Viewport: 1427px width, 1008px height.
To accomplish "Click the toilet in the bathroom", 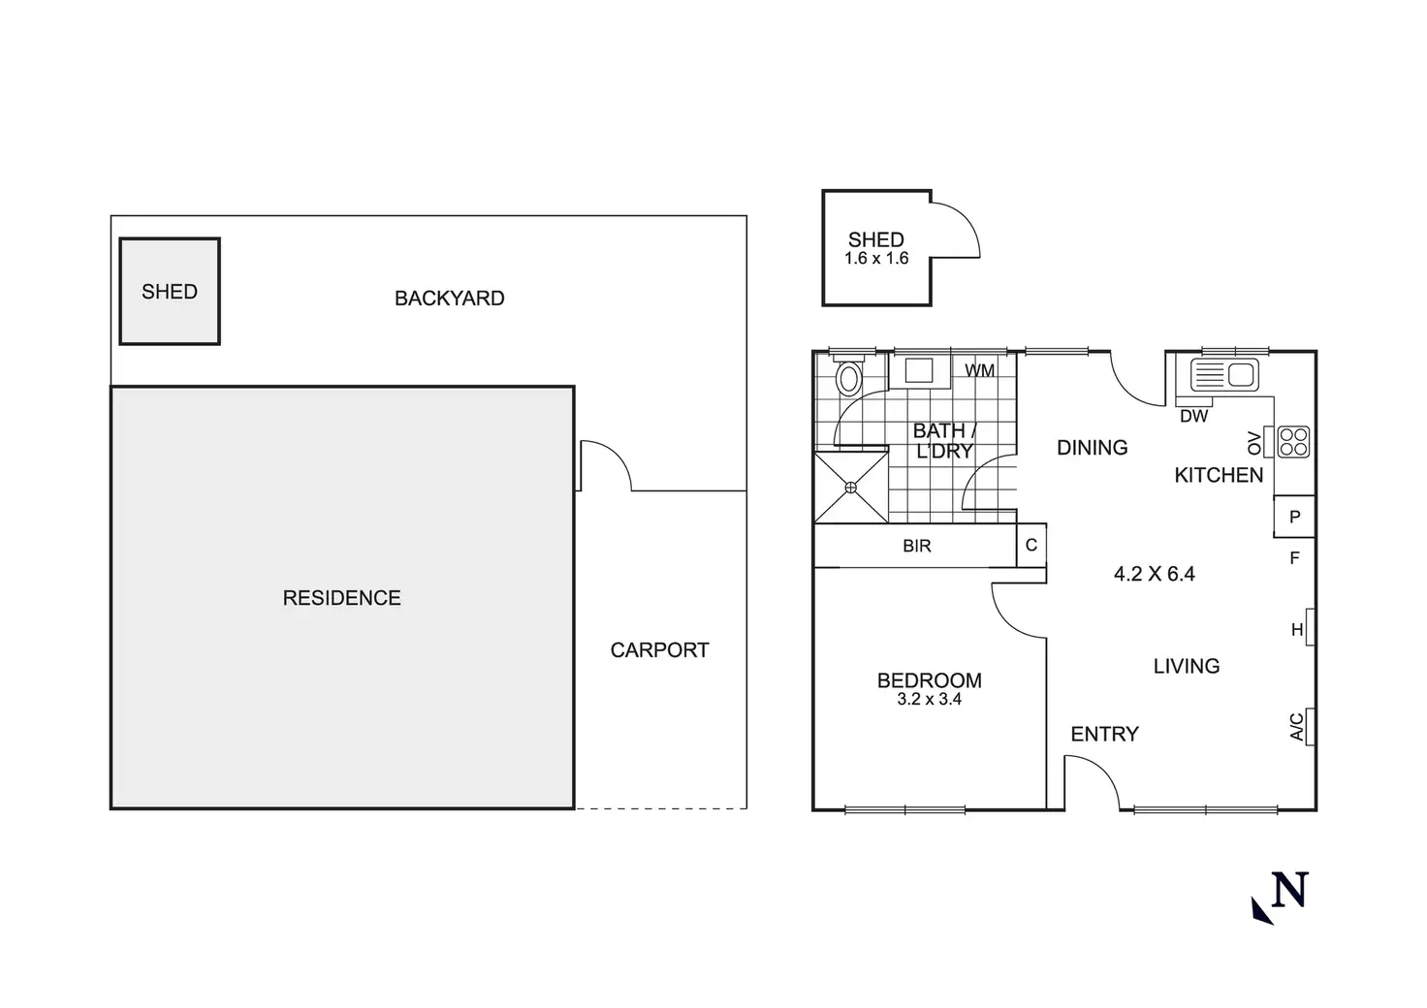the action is [849, 377].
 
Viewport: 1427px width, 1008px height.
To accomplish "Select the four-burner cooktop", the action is [1293, 442].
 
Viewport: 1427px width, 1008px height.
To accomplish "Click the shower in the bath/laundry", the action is [851, 487].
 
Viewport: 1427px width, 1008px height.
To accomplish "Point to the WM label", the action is [979, 370].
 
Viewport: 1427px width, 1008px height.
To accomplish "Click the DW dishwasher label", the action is [1194, 416].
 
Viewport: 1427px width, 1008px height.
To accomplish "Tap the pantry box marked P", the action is [1294, 517].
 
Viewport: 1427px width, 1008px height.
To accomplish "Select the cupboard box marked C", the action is [1031, 546].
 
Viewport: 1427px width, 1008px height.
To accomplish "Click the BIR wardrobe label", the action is [916, 547].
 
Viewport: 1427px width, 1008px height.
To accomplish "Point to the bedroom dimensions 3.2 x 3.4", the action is [929, 699].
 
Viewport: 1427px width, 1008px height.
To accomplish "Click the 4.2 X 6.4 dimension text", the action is [1154, 574].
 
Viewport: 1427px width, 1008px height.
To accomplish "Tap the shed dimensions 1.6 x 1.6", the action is [876, 259].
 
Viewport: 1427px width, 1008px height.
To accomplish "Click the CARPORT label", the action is [659, 650].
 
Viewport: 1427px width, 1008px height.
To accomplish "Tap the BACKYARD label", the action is [449, 299].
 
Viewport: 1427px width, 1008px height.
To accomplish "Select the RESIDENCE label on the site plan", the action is [341, 598].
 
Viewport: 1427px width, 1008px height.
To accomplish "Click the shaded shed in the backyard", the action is [170, 291].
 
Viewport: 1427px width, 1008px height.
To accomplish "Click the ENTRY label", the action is [1104, 735].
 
